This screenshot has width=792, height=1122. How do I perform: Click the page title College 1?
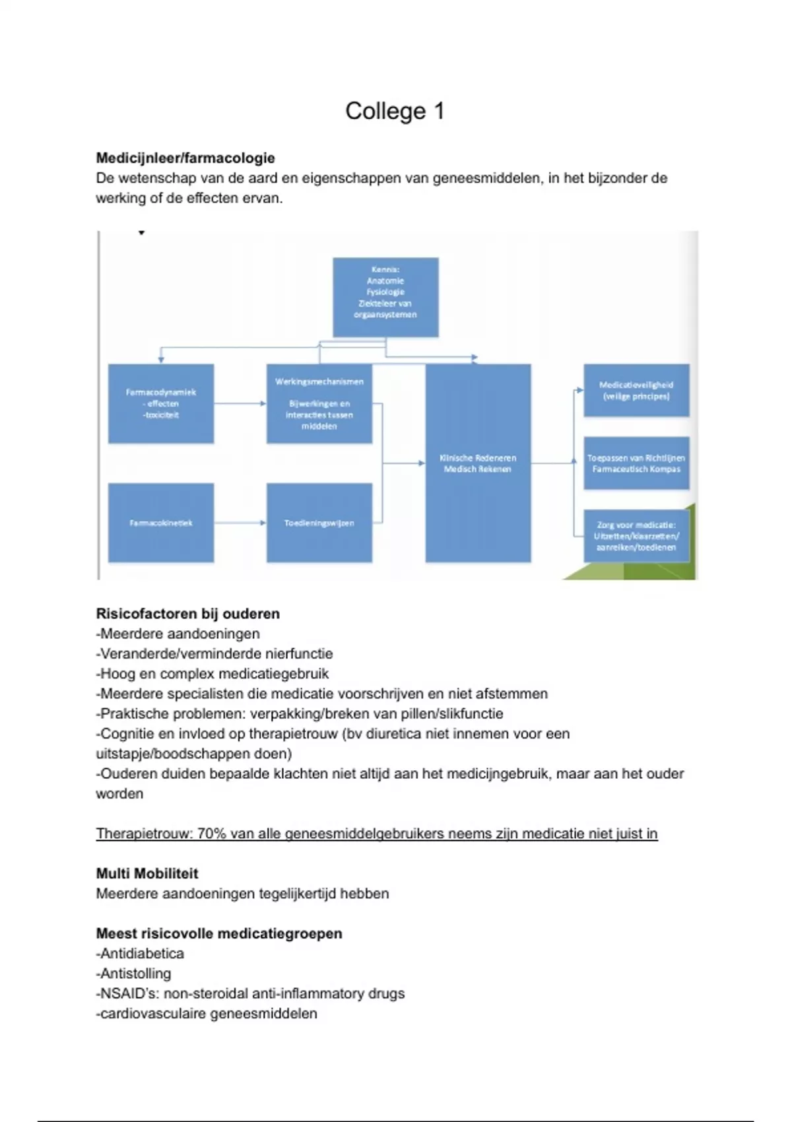[x=395, y=111]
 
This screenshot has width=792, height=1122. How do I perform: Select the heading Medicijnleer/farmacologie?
[x=185, y=158]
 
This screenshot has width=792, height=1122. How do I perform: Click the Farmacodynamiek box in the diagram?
[x=161, y=403]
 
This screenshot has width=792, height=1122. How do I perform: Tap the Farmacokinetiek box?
[x=161, y=523]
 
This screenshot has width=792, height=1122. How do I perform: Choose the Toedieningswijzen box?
[x=319, y=523]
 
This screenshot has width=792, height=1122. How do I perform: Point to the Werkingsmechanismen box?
[x=319, y=403]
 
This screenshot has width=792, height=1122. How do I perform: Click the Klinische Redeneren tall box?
[x=478, y=463]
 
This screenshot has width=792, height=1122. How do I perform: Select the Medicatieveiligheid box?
[x=636, y=391]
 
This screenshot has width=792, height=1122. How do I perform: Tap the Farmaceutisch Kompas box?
[x=636, y=463]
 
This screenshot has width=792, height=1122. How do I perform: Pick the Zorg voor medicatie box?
[x=636, y=536]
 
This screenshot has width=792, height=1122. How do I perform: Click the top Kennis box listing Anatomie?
[x=385, y=297]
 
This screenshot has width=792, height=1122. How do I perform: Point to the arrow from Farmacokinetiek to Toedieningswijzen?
[x=240, y=523]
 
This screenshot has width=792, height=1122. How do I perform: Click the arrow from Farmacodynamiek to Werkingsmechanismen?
[x=240, y=403]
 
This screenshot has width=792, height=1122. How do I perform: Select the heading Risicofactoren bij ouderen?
[x=188, y=614]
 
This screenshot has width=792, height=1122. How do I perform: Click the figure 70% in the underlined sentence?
[x=211, y=834]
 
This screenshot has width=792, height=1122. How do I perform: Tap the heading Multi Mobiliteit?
[x=147, y=873]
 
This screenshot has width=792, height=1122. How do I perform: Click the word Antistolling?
[x=135, y=973]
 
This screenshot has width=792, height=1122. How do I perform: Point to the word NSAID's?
[x=128, y=993]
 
